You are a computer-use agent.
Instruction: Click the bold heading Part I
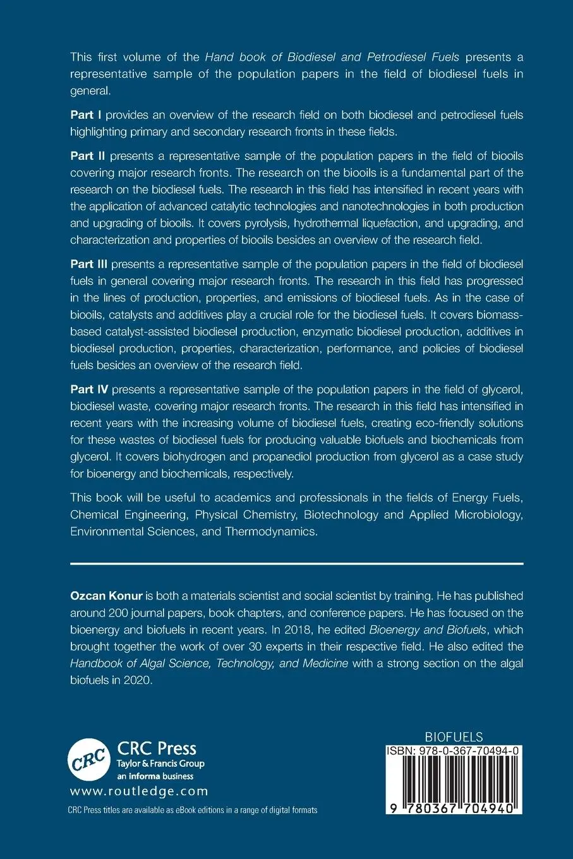click(86, 115)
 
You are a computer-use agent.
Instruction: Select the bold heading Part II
click(87, 156)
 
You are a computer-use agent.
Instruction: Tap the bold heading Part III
click(89, 264)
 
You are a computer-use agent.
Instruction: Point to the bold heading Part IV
click(89, 390)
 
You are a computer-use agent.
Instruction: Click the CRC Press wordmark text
click(157, 748)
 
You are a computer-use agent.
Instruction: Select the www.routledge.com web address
click(139, 791)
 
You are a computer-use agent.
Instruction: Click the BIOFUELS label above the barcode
click(454, 737)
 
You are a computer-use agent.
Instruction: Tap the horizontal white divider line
click(296, 563)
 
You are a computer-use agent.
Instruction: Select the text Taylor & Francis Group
click(160, 764)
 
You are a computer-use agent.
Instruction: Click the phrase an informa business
click(155, 776)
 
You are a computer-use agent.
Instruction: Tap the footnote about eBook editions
click(192, 810)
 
